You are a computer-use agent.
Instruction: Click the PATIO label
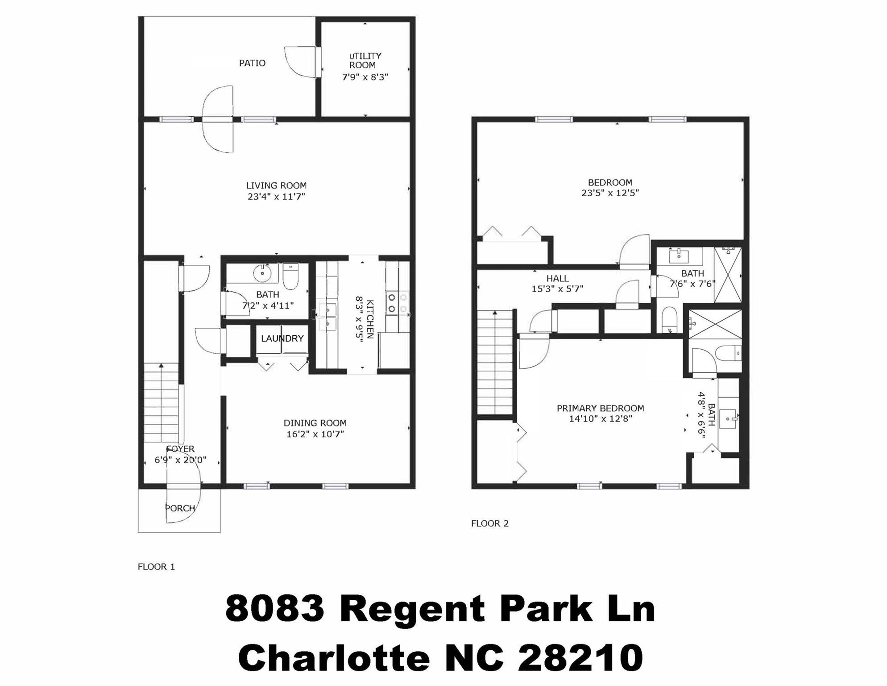[252, 63]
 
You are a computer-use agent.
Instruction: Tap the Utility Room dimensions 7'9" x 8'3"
[365, 77]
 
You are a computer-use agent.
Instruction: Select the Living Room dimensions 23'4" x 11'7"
[276, 197]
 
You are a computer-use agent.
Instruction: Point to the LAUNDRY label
[282, 339]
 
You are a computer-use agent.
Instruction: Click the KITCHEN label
[370, 319]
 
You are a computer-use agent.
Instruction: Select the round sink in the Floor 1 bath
[263, 273]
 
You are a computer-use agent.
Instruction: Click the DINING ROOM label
[315, 423]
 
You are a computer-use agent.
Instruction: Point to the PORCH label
[180, 508]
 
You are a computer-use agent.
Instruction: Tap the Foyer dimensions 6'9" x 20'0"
[180, 460]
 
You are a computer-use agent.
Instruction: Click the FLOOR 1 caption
[156, 567]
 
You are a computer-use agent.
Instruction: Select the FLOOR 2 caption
[489, 523]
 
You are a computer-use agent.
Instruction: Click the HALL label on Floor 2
[557, 279]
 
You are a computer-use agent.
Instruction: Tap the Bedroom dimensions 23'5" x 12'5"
[610, 193]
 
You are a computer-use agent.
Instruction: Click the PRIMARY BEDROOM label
[600, 408]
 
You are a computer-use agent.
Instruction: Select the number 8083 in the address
[274, 609]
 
